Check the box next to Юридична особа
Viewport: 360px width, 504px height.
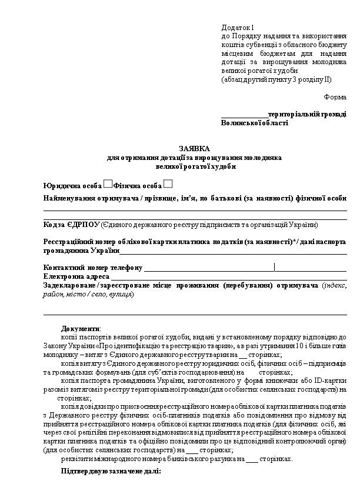click(108, 184)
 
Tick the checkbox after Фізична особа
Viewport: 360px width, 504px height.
click(168, 184)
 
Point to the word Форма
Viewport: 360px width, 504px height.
click(335, 96)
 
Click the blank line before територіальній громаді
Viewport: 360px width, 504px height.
click(244, 115)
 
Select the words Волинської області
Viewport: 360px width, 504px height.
click(255, 123)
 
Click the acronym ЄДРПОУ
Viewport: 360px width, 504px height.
click(84, 224)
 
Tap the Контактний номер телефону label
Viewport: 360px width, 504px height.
click(93, 268)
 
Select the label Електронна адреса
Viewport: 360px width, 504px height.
click(76, 276)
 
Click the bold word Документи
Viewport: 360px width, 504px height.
click(81, 328)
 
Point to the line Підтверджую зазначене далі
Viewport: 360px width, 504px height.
click(111, 472)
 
